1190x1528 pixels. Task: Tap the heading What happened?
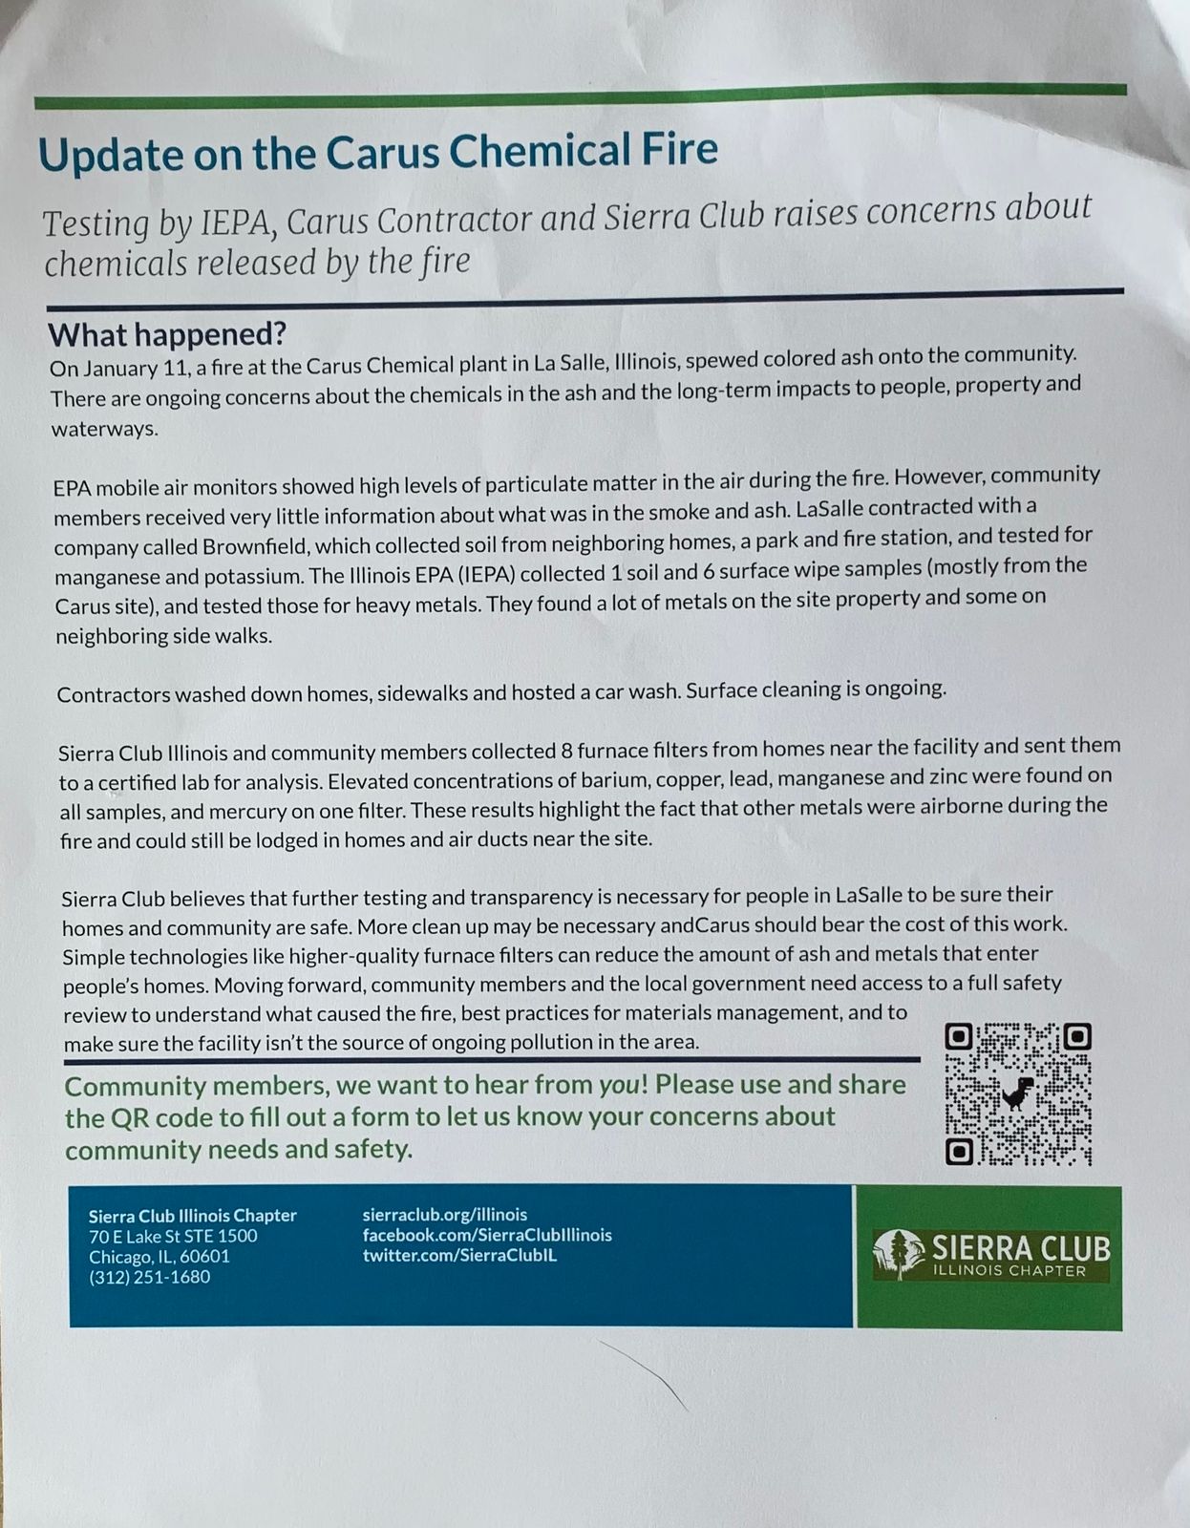(x=167, y=334)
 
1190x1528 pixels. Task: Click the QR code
(x=1017, y=1093)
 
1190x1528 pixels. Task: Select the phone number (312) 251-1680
(x=150, y=1277)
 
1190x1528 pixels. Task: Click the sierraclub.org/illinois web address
(x=445, y=1215)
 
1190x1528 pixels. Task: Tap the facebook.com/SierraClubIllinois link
(x=487, y=1235)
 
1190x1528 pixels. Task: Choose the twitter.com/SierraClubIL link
(x=459, y=1255)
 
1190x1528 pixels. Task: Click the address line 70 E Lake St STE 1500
(x=173, y=1236)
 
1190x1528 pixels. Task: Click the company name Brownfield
(x=252, y=547)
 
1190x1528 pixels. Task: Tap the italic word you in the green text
(x=618, y=1085)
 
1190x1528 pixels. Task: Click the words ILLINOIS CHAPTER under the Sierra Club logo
(x=1009, y=1271)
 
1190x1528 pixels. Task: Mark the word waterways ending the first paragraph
(x=104, y=428)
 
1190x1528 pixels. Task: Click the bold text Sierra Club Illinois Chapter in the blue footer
(x=193, y=1216)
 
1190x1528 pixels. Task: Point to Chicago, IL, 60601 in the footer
(x=159, y=1257)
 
